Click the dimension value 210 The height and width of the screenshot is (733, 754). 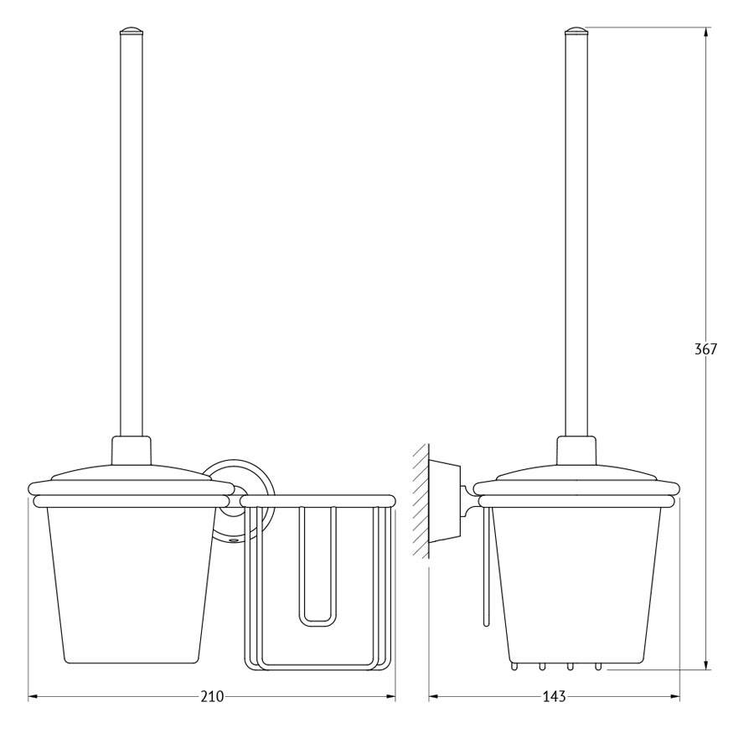pos(212,696)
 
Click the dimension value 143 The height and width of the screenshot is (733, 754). pos(554,696)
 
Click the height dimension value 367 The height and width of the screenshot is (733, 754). pos(705,348)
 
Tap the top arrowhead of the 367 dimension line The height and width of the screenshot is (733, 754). pos(705,33)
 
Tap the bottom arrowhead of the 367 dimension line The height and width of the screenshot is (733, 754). pos(705,663)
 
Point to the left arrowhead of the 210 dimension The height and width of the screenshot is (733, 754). pos(34,696)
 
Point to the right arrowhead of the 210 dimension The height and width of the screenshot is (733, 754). pos(389,696)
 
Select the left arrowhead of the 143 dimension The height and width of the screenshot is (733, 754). pos(435,696)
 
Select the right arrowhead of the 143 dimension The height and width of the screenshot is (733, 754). pos(674,696)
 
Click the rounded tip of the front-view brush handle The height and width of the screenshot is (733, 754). pos(132,31)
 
